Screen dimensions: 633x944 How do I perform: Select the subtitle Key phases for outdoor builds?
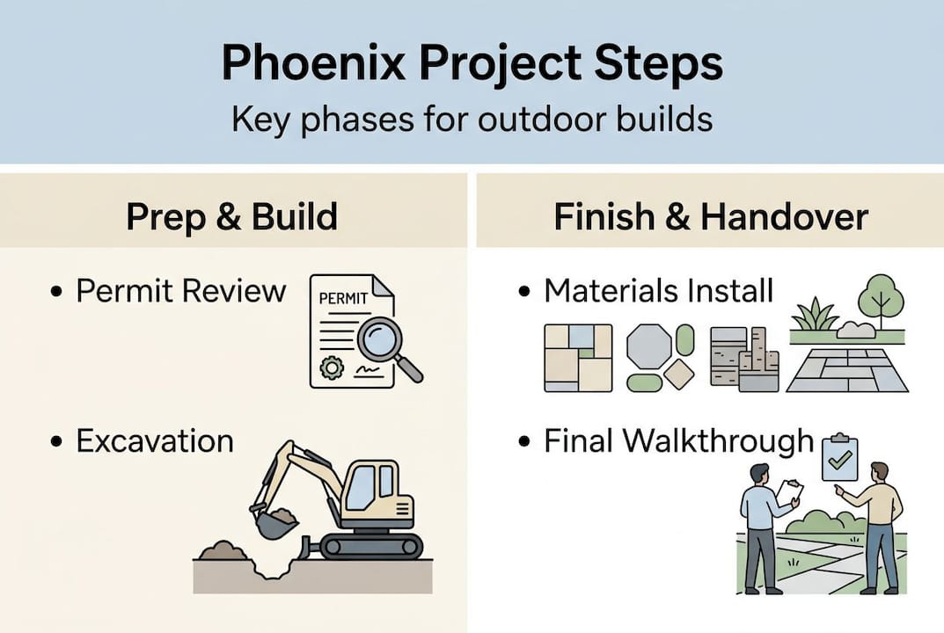point(472,119)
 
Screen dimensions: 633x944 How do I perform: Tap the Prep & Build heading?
point(232,217)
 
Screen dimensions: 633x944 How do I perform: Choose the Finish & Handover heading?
point(711,217)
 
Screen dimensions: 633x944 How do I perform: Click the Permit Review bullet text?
point(180,291)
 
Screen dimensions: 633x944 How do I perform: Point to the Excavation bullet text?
point(155,440)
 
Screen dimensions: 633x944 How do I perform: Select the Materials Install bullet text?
point(658,291)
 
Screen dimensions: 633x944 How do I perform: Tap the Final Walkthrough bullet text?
point(678,440)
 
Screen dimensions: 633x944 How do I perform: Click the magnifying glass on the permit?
point(381,341)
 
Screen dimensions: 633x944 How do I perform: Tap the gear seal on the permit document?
point(332,367)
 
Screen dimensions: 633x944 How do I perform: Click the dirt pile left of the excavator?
point(223,551)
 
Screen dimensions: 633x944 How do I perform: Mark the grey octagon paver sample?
point(648,346)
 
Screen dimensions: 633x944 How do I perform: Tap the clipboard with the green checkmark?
point(838,458)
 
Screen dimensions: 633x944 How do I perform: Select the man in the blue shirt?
point(758,523)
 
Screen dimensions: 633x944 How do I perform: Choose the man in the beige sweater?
point(880,523)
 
